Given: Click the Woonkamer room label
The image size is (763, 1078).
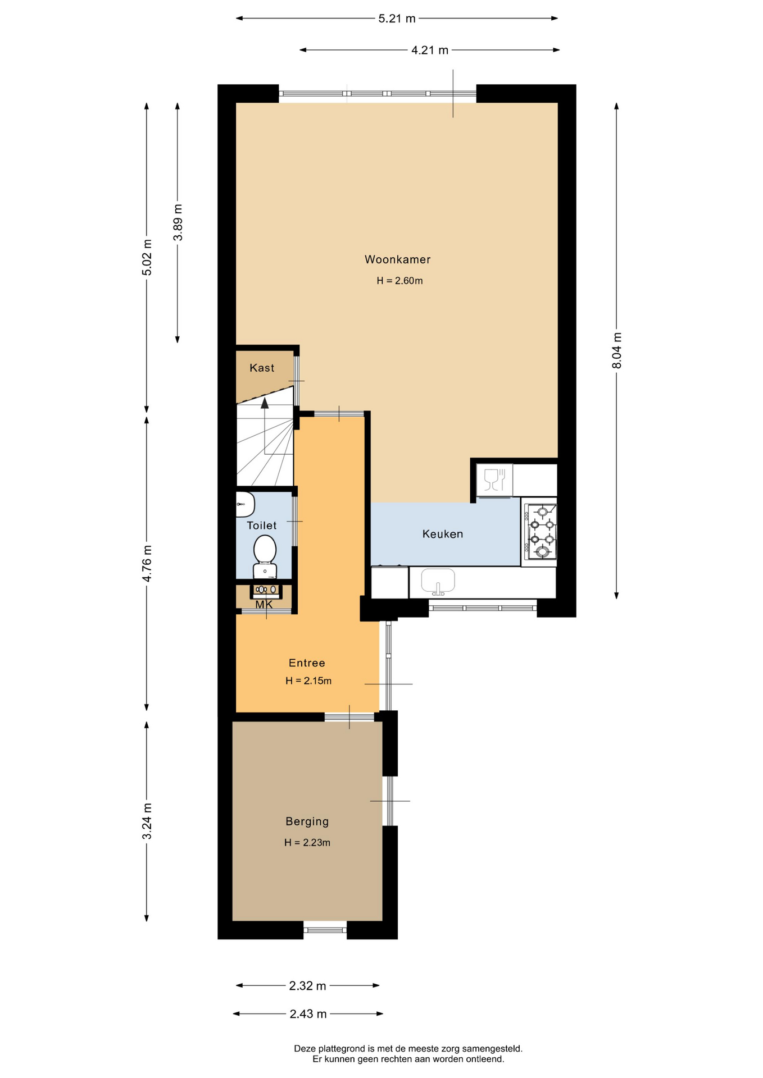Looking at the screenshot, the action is (x=397, y=259).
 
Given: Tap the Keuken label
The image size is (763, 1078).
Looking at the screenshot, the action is (x=443, y=534).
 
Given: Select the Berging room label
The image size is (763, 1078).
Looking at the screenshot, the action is (x=307, y=822).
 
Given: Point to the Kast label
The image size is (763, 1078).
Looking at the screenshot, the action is (x=262, y=368).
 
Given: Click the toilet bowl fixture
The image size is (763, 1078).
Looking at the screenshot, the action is (x=265, y=556).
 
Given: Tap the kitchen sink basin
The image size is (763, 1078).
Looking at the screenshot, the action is (x=438, y=580).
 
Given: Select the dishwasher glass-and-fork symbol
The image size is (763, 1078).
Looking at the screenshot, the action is (x=494, y=479).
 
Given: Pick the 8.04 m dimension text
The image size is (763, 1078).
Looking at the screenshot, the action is (x=617, y=351).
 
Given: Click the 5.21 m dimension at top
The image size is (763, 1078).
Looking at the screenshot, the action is (x=397, y=19).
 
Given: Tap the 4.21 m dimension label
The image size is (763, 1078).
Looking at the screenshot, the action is (x=430, y=51).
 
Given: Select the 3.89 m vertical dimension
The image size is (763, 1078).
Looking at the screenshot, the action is (x=178, y=222).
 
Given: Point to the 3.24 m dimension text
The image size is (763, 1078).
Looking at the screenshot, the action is (x=147, y=821).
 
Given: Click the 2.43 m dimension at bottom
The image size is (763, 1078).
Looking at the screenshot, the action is (x=308, y=1014).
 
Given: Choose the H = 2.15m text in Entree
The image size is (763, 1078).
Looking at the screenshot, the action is (x=308, y=681).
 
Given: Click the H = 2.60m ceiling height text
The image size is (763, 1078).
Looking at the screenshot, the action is (x=399, y=281).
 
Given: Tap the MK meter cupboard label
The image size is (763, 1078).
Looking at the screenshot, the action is (x=264, y=605).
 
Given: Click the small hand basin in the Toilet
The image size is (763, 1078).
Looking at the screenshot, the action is (x=244, y=504).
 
